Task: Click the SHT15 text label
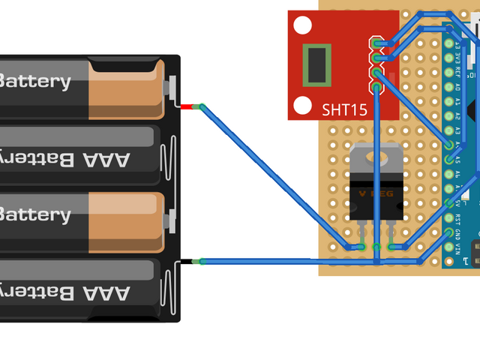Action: (x=344, y=110)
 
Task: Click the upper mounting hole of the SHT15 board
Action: (x=301, y=25)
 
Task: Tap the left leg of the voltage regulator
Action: (x=361, y=234)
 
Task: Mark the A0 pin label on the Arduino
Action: (x=458, y=86)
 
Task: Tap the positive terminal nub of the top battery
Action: (x=174, y=86)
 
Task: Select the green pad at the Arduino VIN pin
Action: (x=449, y=247)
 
